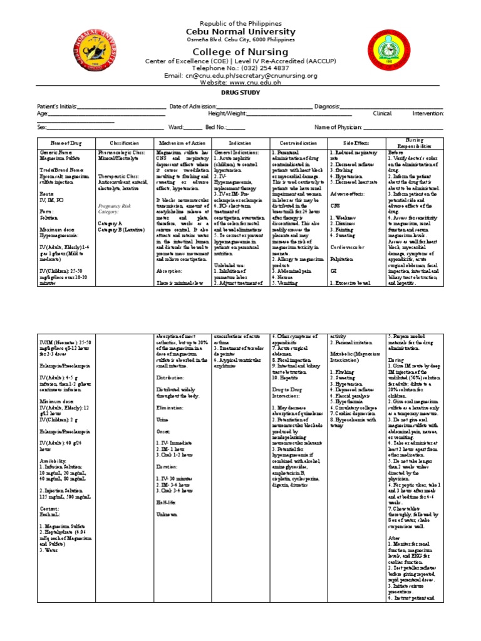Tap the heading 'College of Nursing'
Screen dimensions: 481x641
tap(240, 52)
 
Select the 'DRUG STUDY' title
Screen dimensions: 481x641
tap(240, 93)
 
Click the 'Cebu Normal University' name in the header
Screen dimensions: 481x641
tap(240, 31)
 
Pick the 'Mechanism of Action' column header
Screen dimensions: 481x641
tap(182, 143)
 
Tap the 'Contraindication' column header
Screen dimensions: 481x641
tap(298, 143)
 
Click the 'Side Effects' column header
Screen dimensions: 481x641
tap(356, 143)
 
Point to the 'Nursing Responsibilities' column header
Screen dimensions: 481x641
tap(415, 143)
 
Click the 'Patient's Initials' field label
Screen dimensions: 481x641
tap(58, 107)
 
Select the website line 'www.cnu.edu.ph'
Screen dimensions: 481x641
tap(240, 82)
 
